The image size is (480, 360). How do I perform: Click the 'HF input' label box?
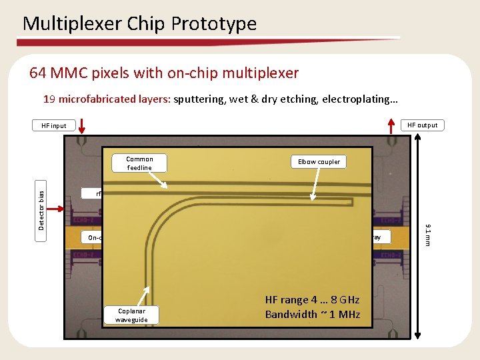[x=54, y=125]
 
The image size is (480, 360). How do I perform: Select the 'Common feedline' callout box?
[x=139, y=163]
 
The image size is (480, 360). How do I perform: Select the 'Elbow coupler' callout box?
[x=319, y=162]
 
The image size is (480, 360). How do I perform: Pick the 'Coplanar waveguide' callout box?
[x=134, y=315]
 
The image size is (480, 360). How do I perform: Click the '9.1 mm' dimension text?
[x=429, y=233]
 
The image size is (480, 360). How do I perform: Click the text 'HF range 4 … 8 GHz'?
[x=312, y=300]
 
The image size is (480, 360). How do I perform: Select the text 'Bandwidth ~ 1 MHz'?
[x=312, y=314]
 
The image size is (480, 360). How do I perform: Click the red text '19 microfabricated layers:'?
[x=107, y=99]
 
